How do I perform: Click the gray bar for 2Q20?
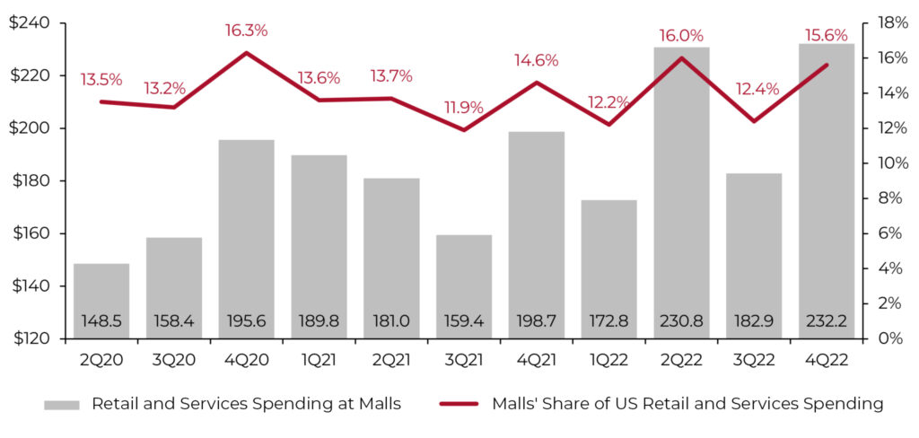101,287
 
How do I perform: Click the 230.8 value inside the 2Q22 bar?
681,320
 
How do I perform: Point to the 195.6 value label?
246,320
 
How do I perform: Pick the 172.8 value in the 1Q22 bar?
608,320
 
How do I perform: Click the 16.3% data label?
246,31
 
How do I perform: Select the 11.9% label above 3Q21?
464,108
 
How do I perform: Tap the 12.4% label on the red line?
754,89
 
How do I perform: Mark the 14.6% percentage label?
537,61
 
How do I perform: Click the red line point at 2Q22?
681,57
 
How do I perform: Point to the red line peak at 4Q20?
246,52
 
